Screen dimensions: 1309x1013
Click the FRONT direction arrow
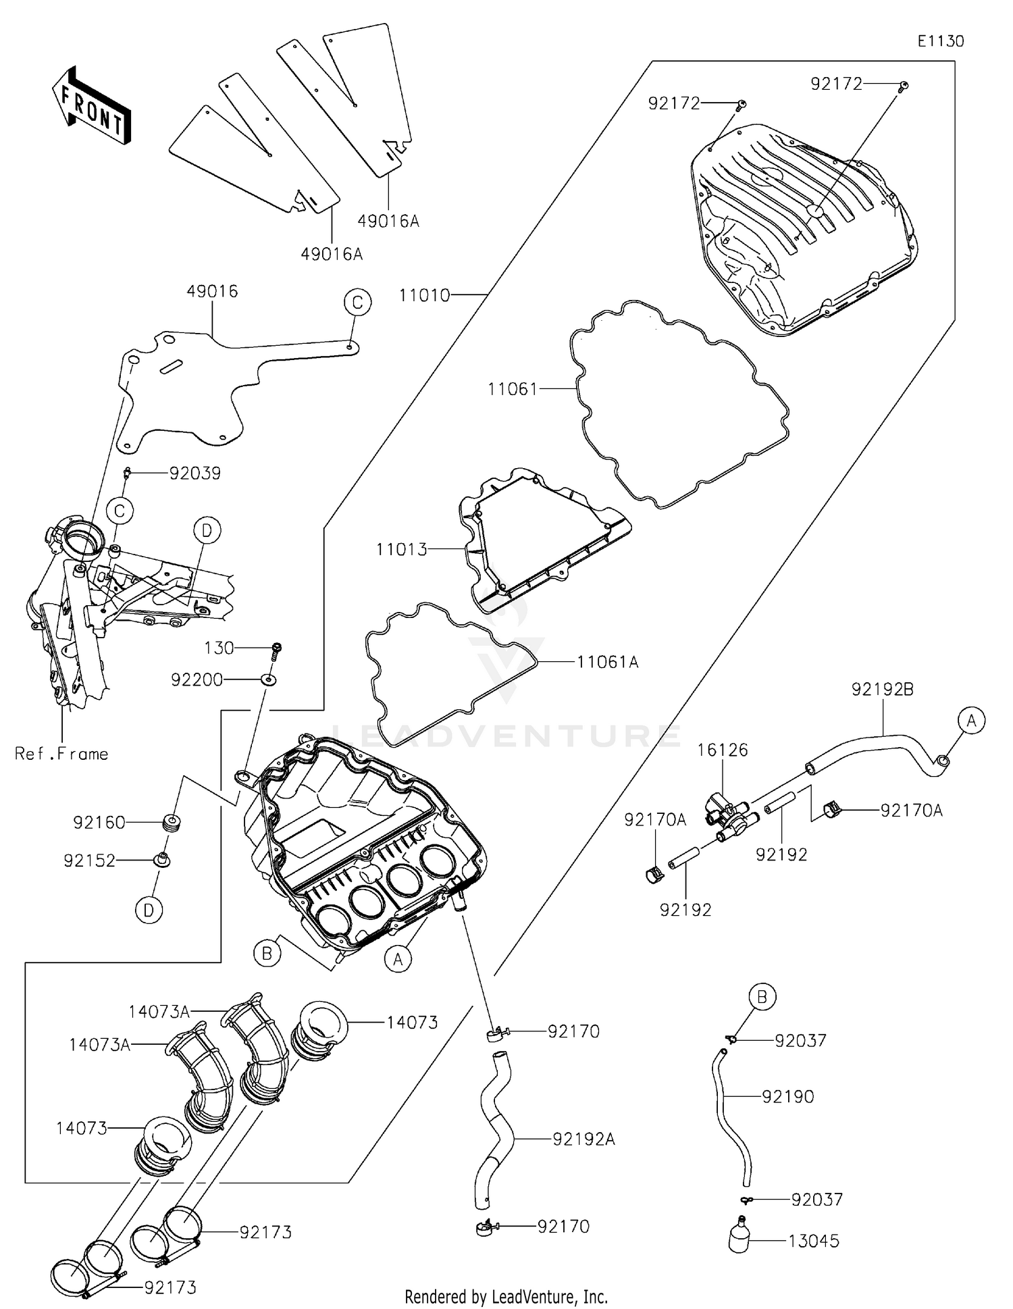(x=92, y=107)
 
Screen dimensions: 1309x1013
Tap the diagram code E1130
(x=940, y=41)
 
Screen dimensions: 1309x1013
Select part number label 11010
(x=424, y=295)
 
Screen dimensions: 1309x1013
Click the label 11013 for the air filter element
(x=402, y=549)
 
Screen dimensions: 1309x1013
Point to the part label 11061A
(x=607, y=662)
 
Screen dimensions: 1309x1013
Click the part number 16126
(x=723, y=750)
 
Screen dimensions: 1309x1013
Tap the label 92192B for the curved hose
(x=882, y=690)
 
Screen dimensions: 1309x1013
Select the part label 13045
(x=814, y=1241)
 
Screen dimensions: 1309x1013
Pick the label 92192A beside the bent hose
(x=583, y=1139)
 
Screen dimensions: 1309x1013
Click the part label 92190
(x=787, y=1096)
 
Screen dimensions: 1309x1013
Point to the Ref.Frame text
(x=61, y=754)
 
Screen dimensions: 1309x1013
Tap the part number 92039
(x=194, y=473)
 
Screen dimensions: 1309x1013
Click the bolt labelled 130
(x=277, y=650)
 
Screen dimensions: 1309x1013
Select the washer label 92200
(x=197, y=679)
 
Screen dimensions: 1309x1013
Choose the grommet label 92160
(x=99, y=823)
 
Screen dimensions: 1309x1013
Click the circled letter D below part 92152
(x=149, y=910)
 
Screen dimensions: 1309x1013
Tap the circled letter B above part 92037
(x=762, y=996)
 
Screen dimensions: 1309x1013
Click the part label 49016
(x=212, y=291)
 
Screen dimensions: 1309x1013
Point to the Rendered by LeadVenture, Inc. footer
(x=506, y=1296)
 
